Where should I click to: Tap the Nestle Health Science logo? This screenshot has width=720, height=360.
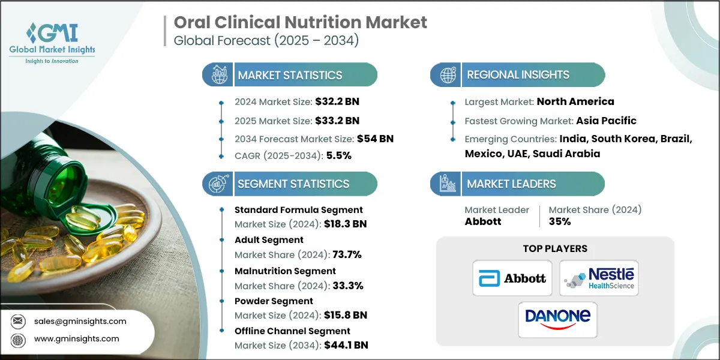[x=599, y=278]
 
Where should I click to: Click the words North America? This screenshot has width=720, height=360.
[x=575, y=101]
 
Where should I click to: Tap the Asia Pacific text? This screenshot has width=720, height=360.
[x=606, y=120]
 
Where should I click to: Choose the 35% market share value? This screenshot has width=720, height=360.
[x=560, y=221]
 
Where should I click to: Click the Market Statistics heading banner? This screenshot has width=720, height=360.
[x=290, y=75]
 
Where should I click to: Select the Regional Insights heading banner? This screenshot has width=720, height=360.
[x=518, y=75]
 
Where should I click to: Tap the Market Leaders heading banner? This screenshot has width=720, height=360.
[x=511, y=184]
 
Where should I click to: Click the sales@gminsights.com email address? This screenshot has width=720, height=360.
[x=80, y=321]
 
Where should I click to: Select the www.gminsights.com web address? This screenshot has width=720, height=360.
[x=76, y=339]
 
